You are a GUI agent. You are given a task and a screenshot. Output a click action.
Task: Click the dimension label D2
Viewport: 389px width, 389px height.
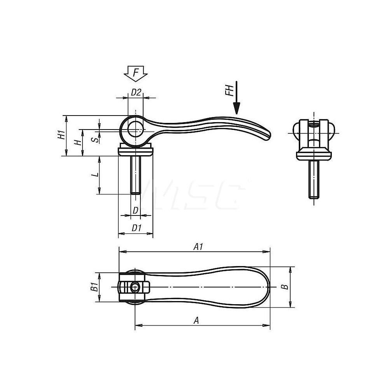(135, 93)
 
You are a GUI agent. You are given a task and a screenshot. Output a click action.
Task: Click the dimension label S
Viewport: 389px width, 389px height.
(93, 139)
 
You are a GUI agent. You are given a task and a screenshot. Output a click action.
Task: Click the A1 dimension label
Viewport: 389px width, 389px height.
(199, 246)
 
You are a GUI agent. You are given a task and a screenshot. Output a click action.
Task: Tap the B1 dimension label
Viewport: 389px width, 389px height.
(93, 287)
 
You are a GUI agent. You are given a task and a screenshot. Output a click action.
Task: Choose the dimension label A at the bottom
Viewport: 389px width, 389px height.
(196, 320)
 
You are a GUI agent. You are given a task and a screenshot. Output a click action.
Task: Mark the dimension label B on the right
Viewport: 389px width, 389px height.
(284, 287)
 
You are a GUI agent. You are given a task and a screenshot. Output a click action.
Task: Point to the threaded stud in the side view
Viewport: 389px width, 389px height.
(135, 175)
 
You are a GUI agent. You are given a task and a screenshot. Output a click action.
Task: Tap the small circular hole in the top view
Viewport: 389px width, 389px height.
(135, 287)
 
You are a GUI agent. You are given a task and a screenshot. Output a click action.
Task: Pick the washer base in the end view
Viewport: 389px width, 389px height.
(314, 154)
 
